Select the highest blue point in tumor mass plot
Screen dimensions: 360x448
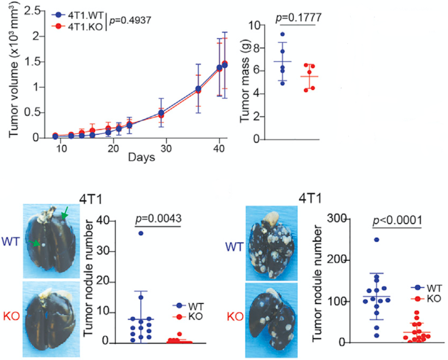tap(282, 34)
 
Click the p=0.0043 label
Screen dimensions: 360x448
tap(158, 218)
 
